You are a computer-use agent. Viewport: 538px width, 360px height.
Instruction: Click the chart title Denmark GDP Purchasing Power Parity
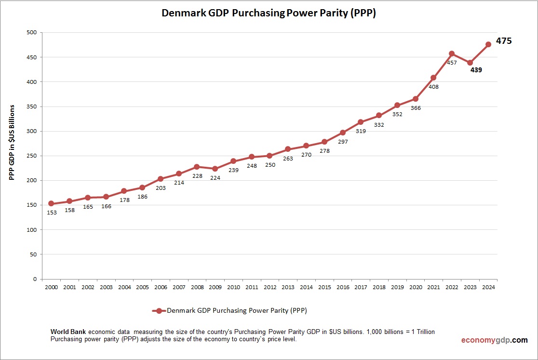269,13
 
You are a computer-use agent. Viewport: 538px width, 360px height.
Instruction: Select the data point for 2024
488,44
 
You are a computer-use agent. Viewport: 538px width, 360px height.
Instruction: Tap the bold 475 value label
504,41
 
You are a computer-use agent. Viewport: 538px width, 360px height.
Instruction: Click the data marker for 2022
452,53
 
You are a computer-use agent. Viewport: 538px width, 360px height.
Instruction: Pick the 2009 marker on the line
215,169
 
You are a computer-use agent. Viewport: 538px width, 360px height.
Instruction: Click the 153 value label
52,212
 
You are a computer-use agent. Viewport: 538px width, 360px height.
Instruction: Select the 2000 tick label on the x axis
51,287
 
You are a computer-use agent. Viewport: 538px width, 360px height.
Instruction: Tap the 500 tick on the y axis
31,33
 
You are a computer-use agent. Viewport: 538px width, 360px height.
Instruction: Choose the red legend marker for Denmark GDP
159,311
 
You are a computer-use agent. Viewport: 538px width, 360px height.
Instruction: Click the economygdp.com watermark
494,340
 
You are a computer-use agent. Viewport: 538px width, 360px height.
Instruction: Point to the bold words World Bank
68,332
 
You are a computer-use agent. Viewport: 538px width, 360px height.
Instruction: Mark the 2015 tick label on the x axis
324,287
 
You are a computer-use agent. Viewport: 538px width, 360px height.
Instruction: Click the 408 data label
433,87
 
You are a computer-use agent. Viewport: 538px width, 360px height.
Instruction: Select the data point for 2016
343,133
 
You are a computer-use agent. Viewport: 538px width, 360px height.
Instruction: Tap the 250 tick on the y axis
31,156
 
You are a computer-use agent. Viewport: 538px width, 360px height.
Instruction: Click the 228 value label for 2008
197,176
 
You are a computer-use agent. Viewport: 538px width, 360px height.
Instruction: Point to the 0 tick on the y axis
35,279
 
